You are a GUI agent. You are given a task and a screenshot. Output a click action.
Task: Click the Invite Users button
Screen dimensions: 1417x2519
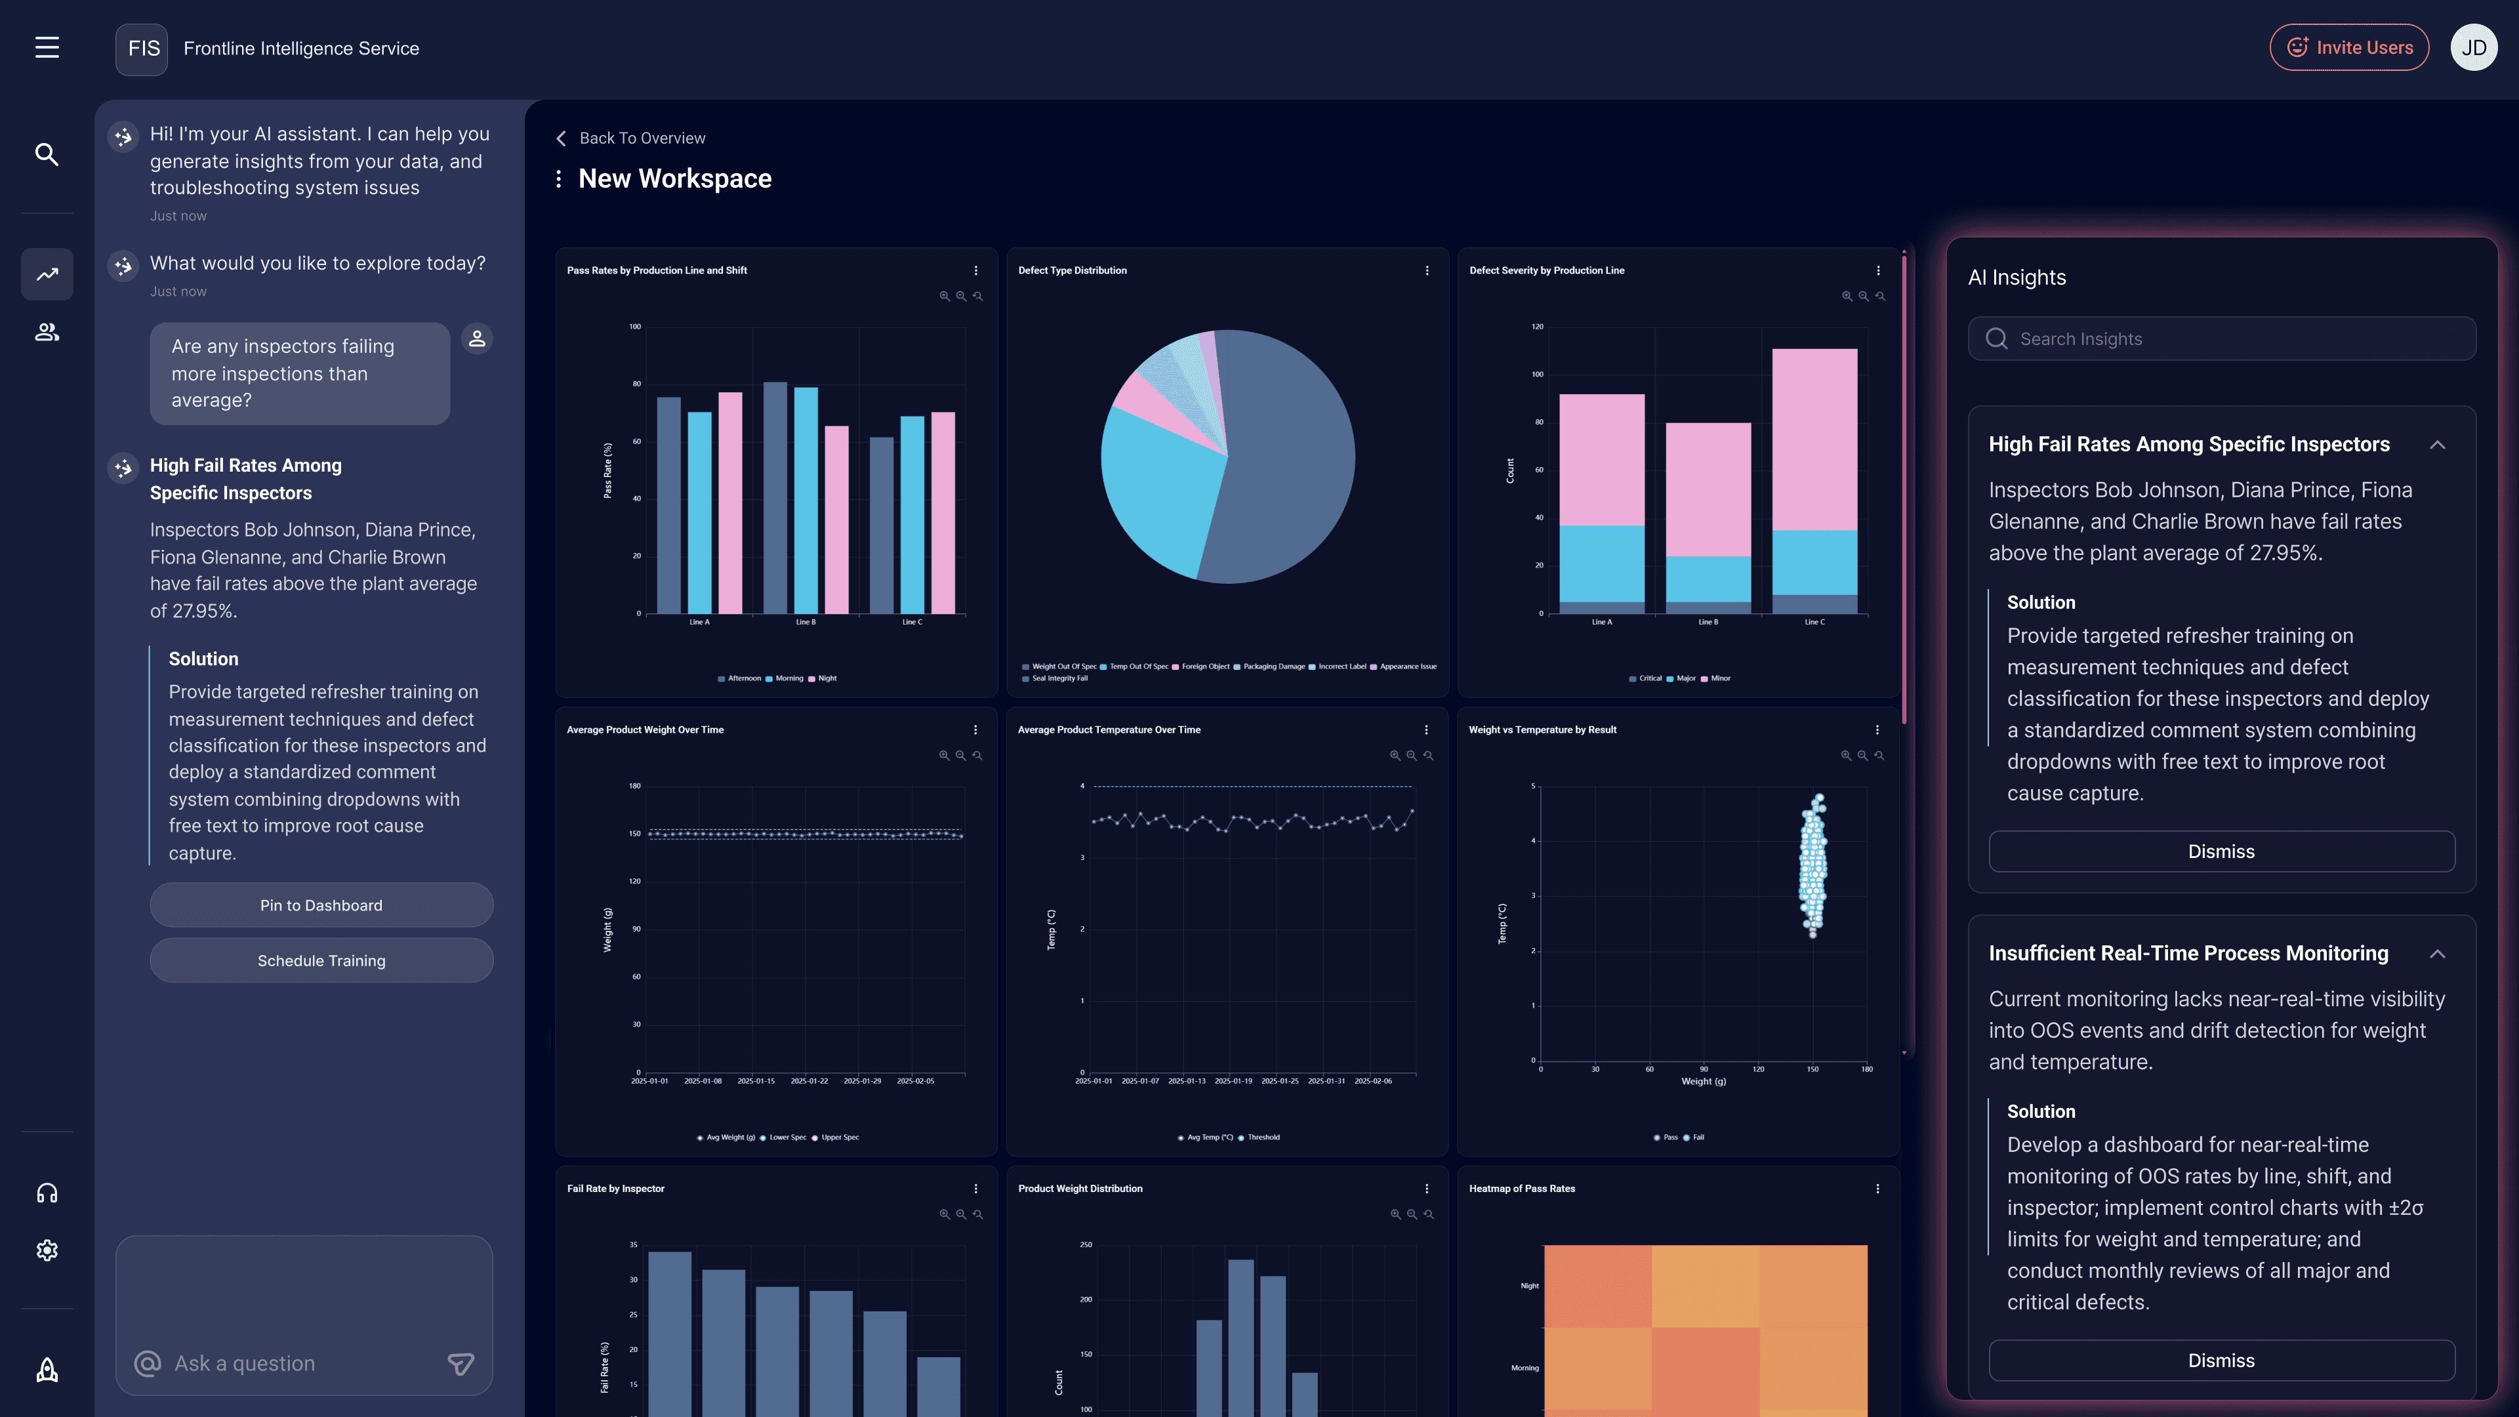[2349, 48]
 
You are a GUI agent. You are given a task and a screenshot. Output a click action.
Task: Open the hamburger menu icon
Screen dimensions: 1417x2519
[47, 48]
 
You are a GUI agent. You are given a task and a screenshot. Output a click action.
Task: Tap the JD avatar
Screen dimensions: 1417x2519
[2473, 48]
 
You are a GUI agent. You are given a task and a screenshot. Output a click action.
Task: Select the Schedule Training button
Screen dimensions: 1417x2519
[321, 960]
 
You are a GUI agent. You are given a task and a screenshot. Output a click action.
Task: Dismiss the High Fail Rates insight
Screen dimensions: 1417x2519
[2221, 852]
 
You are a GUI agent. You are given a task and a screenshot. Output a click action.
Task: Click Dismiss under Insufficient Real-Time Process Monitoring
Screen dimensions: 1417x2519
[2221, 1361]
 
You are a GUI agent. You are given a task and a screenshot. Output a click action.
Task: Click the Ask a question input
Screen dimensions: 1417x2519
[293, 1363]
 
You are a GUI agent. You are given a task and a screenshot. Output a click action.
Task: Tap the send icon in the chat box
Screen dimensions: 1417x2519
[461, 1363]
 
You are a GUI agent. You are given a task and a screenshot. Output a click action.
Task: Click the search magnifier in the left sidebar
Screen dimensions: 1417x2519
[47, 155]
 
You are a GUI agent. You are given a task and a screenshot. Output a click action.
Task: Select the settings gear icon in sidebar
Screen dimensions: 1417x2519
[47, 1251]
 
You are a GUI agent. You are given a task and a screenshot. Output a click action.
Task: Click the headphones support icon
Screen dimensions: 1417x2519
[47, 1193]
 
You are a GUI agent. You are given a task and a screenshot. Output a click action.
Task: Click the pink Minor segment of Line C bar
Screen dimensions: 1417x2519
[1814, 440]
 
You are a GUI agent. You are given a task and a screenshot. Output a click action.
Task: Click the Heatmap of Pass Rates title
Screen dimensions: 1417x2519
[1522, 1188]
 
